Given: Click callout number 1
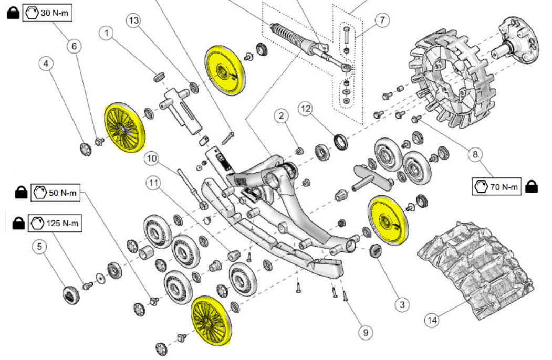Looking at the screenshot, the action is [x=106, y=34].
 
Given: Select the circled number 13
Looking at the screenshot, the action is [x=134, y=20].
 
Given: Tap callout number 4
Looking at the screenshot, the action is [x=46, y=63].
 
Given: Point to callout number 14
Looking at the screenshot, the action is [x=432, y=320].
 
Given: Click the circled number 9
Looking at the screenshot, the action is [x=366, y=332].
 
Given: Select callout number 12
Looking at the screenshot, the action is [x=306, y=109].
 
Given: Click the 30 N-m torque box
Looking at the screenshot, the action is [x=47, y=13].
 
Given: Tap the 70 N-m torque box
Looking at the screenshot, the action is [x=496, y=186].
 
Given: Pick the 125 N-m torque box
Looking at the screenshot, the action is [x=55, y=223].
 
